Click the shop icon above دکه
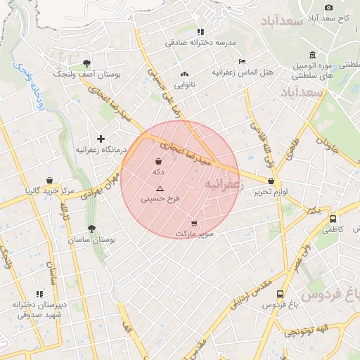158,162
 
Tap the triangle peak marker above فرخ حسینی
160,188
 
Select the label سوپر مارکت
194,233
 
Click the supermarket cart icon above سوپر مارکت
194,224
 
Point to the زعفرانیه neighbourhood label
222,183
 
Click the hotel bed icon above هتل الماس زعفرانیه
242,61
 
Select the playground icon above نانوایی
185,74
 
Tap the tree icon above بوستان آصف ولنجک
87,63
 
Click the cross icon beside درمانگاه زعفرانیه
101,139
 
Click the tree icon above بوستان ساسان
91,229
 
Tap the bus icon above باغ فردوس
281,295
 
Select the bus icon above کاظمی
333,218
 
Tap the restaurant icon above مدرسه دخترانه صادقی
200,32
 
